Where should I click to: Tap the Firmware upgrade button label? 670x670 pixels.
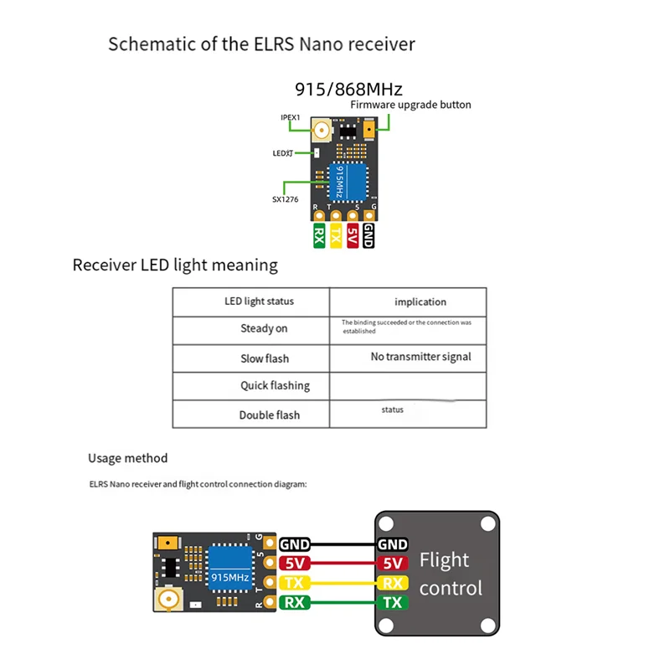pyautogui.click(x=410, y=106)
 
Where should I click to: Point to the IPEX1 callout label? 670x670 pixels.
pyautogui.click(x=291, y=118)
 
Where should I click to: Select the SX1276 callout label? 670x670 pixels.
pyautogui.click(x=284, y=199)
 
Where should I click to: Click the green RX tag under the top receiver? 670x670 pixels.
pyautogui.click(x=319, y=235)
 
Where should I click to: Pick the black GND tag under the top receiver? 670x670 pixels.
pyautogui.click(x=368, y=235)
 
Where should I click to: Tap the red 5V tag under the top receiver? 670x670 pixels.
pyautogui.click(x=352, y=235)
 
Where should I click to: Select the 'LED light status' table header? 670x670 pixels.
pyautogui.click(x=259, y=301)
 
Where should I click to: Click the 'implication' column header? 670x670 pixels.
pyautogui.click(x=420, y=302)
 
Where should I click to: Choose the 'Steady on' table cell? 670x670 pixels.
pyautogui.click(x=264, y=329)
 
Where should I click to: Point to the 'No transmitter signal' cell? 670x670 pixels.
pyautogui.click(x=420, y=357)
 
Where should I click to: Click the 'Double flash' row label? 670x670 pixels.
pyautogui.click(x=269, y=415)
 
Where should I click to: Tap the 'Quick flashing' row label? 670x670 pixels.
pyautogui.click(x=274, y=386)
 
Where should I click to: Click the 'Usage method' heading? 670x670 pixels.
pyautogui.click(x=127, y=458)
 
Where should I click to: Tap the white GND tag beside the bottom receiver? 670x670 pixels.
pyautogui.click(x=295, y=544)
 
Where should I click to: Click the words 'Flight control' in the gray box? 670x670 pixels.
pyautogui.click(x=451, y=574)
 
